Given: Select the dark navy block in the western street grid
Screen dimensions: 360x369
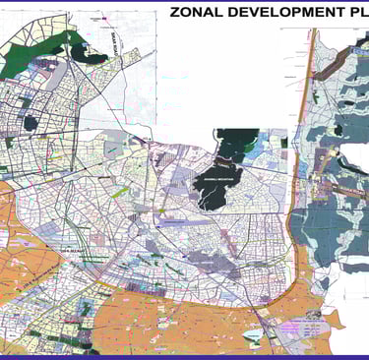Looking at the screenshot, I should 31,123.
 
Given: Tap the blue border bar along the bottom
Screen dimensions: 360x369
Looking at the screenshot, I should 184,356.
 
